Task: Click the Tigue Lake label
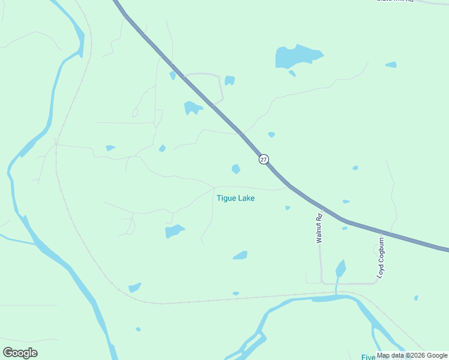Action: point(235,198)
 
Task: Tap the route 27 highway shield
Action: point(264,159)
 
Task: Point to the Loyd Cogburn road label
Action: point(381,257)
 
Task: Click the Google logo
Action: point(20,353)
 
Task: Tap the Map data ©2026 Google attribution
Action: point(412,356)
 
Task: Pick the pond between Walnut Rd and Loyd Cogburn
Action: point(340,268)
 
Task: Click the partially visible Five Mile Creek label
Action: point(369,357)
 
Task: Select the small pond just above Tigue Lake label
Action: point(236,169)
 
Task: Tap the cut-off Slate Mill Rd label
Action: point(396,1)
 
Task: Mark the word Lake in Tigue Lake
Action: point(246,198)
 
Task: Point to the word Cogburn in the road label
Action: point(381,252)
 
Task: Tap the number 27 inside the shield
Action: point(264,159)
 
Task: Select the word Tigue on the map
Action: point(225,198)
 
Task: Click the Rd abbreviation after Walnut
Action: point(319,218)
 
